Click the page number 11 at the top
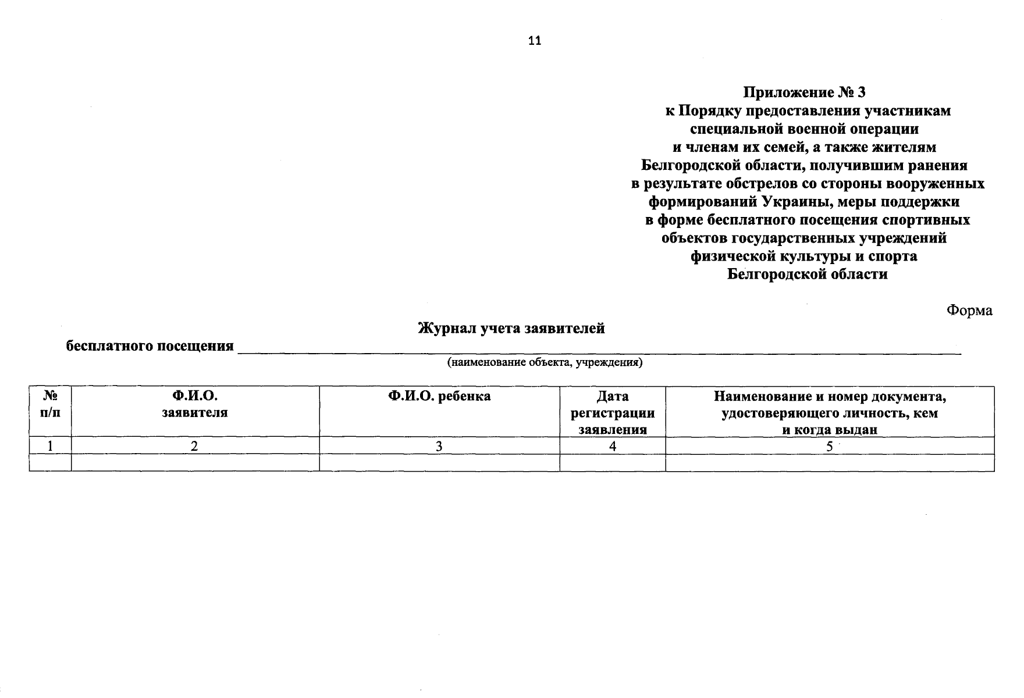tap(535, 41)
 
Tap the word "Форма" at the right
tap(969, 311)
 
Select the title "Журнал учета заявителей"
tap(511, 329)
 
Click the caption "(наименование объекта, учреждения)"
tap(545, 363)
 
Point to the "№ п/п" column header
tap(51, 404)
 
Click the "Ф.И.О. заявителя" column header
tap(195, 404)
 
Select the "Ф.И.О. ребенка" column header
tap(439, 397)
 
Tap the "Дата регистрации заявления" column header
tap(613, 413)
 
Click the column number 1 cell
tap(51, 446)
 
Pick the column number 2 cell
tap(195, 446)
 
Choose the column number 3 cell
tap(439, 446)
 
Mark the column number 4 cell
tap(613, 446)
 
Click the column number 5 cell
tap(830, 446)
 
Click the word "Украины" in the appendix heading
tap(794, 202)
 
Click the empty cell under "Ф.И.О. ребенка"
tap(439, 463)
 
